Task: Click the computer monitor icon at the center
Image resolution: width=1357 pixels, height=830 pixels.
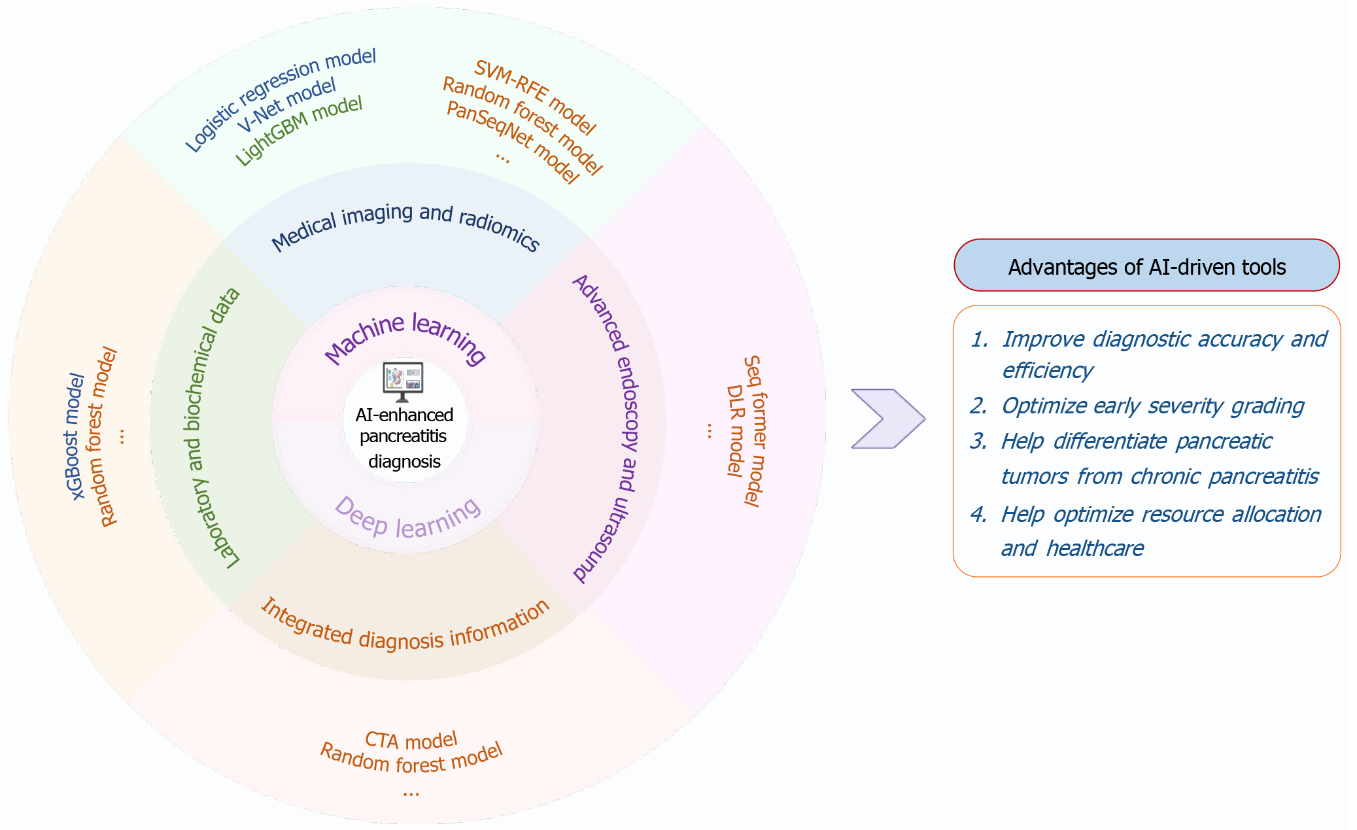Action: (403, 381)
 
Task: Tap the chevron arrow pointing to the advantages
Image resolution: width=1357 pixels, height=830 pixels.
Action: (887, 419)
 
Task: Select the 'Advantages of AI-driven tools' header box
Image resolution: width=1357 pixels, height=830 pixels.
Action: (1146, 266)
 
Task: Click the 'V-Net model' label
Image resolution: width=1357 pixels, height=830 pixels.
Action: (286, 105)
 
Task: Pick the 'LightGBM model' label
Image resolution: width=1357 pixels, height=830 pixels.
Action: (298, 131)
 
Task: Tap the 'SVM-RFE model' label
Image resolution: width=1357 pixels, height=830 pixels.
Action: (535, 97)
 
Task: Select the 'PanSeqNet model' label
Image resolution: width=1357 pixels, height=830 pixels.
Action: (513, 142)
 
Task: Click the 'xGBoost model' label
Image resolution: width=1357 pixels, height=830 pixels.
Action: (75, 436)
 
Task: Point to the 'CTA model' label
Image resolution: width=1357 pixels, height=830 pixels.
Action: (411, 740)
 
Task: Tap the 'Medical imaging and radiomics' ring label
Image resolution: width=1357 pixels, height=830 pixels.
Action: (405, 226)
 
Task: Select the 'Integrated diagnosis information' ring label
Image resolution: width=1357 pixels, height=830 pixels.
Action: (405, 628)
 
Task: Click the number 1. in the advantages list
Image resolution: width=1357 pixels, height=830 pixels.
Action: (979, 339)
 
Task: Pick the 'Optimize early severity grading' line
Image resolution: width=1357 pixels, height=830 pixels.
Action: (1152, 406)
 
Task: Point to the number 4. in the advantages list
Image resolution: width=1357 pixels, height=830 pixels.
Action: (978, 515)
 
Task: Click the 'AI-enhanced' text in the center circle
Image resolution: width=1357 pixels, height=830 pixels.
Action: (404, 415)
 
